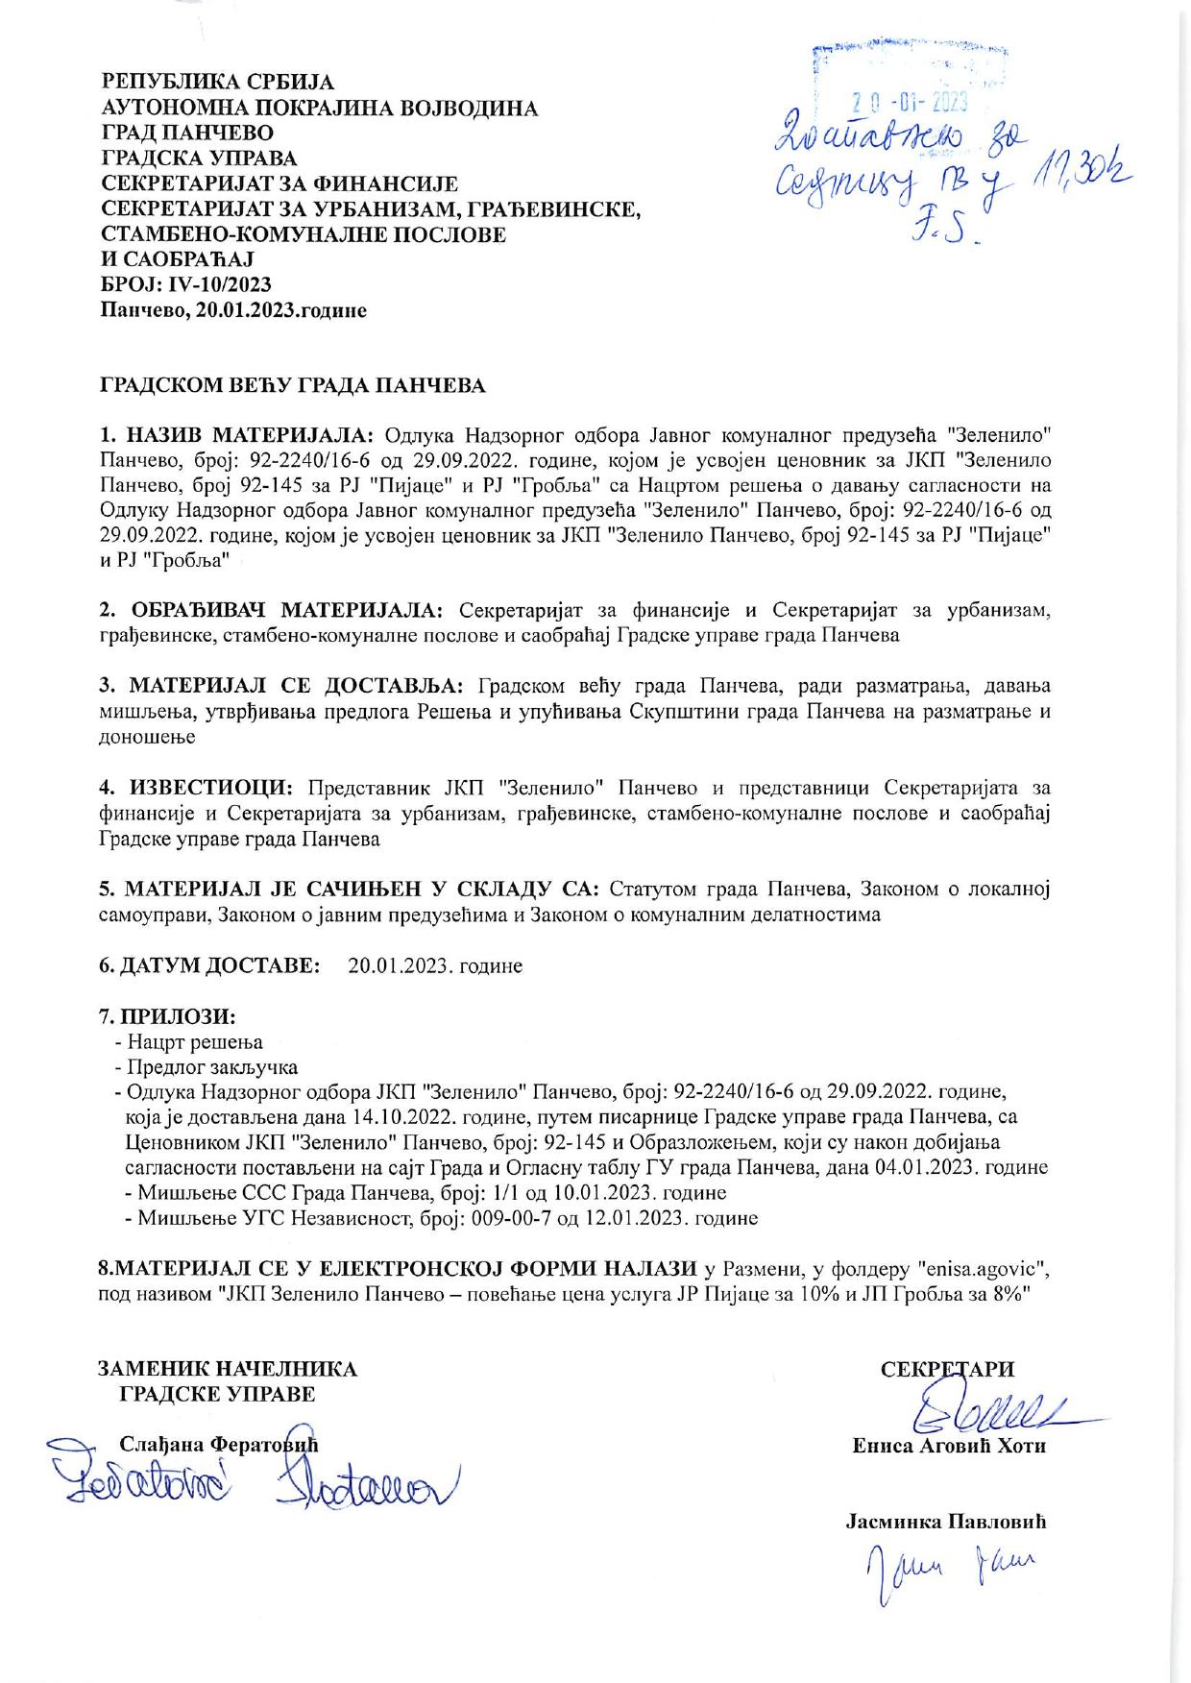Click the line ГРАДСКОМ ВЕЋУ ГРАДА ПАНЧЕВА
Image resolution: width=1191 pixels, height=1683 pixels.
pyautogui.click(x=293, y=386)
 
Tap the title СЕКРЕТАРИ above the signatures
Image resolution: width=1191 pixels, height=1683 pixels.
pyautogui.click(x=947, y=1370)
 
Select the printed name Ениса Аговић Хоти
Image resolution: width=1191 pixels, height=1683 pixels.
pyautogui.click(x=948, y=1446)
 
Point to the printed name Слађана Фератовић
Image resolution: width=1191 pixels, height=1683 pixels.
pyautogui.click(x=218, y=1444)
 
